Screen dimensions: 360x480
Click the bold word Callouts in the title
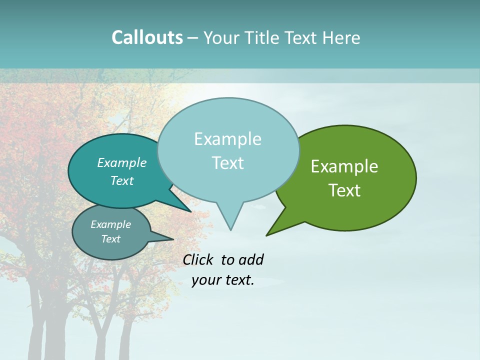[x=147, y=37]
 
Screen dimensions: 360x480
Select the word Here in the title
[x=342, y=37]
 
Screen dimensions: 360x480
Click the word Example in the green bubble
[x=344, y=166]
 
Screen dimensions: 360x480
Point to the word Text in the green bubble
[x=345, y=190]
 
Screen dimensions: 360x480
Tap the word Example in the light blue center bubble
[x=227, y=139]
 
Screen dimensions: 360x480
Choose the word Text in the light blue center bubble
[x=228, y=163]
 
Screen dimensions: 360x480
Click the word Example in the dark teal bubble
[x=122, y=162]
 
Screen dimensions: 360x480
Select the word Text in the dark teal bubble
[x=122, y=180]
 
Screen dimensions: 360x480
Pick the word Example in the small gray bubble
[x=111, y=224]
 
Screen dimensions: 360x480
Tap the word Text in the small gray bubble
[x=111, y=239]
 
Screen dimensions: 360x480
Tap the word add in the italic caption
[x=251, y=259]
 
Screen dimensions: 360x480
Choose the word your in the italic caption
[x=206, y=280]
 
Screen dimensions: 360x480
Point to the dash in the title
[x=193, y=38]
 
